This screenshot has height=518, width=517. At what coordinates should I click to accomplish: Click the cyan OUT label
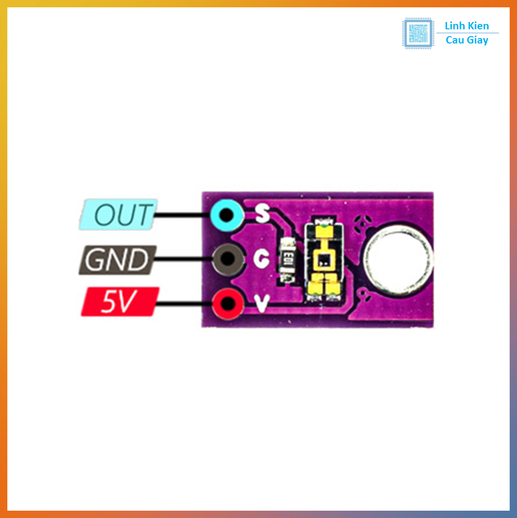117,215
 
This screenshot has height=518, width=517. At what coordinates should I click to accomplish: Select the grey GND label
118,259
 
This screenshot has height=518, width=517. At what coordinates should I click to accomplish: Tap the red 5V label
120,302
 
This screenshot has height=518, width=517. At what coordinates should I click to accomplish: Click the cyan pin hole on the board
226,214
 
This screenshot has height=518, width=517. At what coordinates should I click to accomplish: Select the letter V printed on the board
262,304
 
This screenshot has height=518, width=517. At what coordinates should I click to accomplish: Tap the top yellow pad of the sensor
322,228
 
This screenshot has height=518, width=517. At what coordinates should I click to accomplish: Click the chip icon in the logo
418,33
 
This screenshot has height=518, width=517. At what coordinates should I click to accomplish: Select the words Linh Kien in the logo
467,26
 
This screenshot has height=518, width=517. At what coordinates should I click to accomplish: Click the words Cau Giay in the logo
467,41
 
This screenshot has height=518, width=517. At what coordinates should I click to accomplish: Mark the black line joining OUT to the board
181,215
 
